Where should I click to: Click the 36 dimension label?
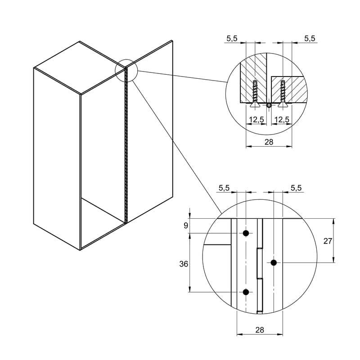pos(184,264)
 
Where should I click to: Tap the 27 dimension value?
pos(328,241)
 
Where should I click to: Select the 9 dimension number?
pos(186,226)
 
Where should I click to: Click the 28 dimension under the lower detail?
pos(260,330)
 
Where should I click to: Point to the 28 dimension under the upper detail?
pos(269,142)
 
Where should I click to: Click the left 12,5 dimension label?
pos(257,120)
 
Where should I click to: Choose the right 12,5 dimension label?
pos(282,120)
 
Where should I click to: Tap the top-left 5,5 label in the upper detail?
pos(232,39)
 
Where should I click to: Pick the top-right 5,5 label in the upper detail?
pos(310,39)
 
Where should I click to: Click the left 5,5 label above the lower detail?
pos(224,188)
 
